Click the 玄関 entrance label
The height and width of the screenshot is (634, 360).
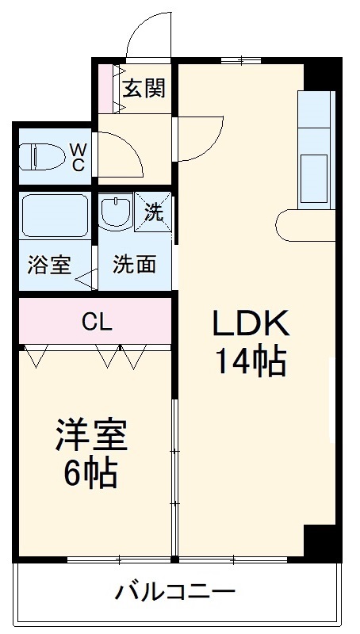pyautogui.click(x=144, y=88)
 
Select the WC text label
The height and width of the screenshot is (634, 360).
pyautogui.click(x=79, y=156)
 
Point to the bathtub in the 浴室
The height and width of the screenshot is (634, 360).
pyautogui.click(x=54, y=215)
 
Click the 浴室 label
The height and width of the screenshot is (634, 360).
pyautogui.click(x=49, y=265)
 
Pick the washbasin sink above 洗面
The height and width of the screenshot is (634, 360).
pyautogui.click(x=116, y=211)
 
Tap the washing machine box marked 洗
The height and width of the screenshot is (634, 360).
pyautogui.click(x=153, y=212)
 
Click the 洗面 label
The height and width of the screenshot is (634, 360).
pyautogui.click(x=133, y=264)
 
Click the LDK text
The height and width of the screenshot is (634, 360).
pyautogui.click(x=251, y=323)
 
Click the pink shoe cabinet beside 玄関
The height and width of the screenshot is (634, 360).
pyautogui.click(x=109, y=88)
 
